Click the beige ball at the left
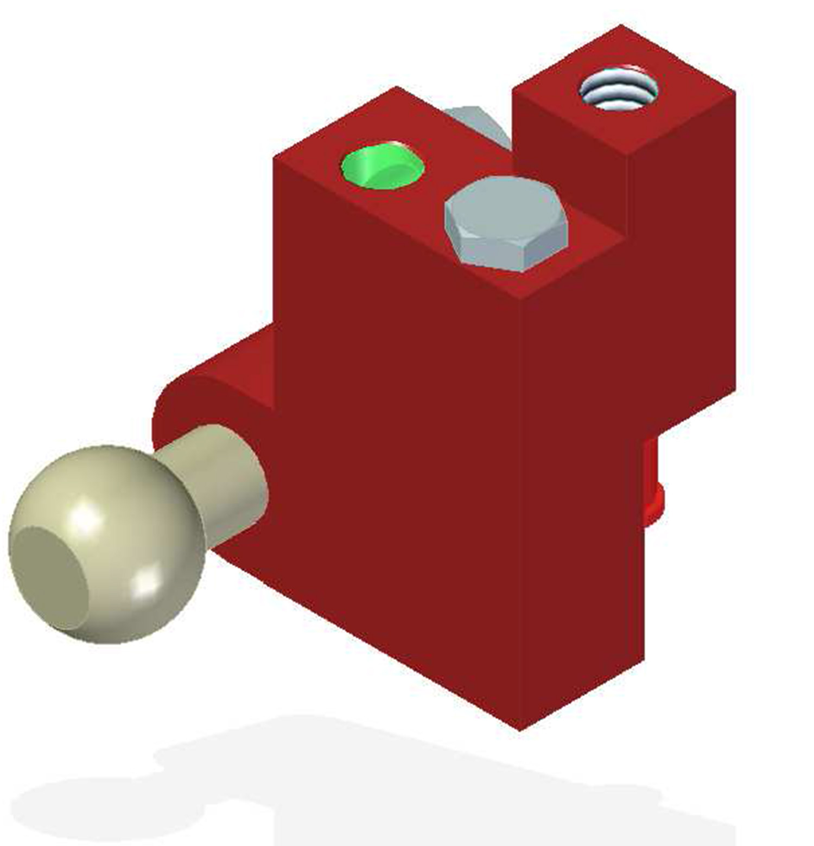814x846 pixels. point(109,543)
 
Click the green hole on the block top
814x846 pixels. point(381,165)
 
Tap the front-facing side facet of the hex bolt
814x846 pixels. point(507,250)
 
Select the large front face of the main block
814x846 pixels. point(396,461)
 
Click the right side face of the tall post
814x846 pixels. point(684,260)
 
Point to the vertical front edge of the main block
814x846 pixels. point(520,516)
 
